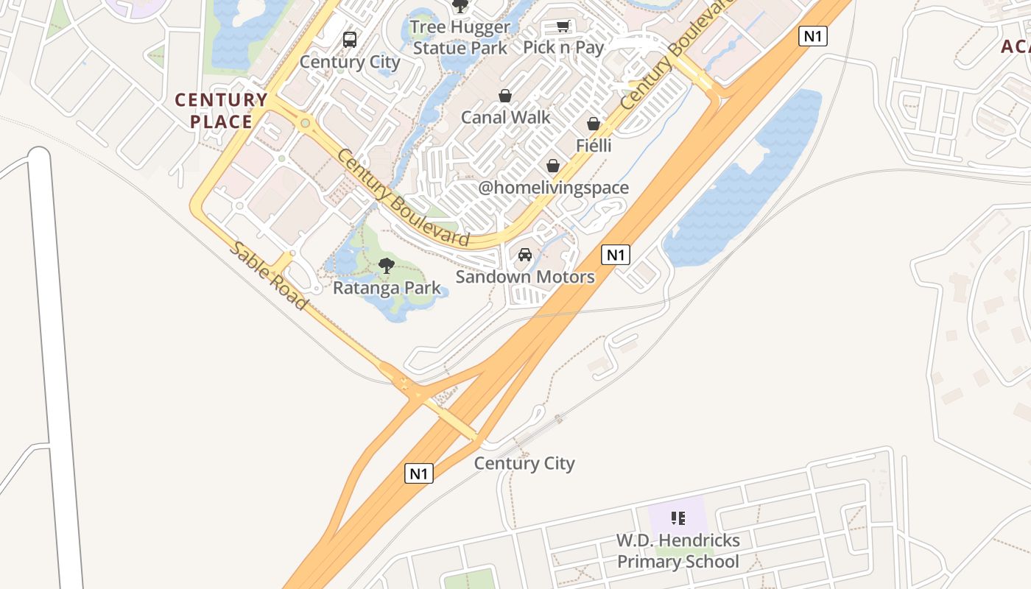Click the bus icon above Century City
[350, 39]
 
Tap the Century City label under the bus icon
[350, 62]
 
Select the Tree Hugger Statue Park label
[460, 38]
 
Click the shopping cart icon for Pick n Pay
[563, 27]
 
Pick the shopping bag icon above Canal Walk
[505, 96]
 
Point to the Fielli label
[594, 145]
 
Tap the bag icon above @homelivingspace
[553, 166]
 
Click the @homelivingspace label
[554, 188]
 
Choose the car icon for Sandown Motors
[525, 255]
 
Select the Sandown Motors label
[525, 277]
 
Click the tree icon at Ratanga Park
[387, 266]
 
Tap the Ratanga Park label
[387, 288]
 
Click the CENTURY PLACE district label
[221, 110]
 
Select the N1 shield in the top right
[813, 36]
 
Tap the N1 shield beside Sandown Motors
[616, 255]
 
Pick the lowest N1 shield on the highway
[419, 473]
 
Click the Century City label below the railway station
[524, 463]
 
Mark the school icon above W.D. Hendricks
[678, 518]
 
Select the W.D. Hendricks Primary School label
[678, 551]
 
